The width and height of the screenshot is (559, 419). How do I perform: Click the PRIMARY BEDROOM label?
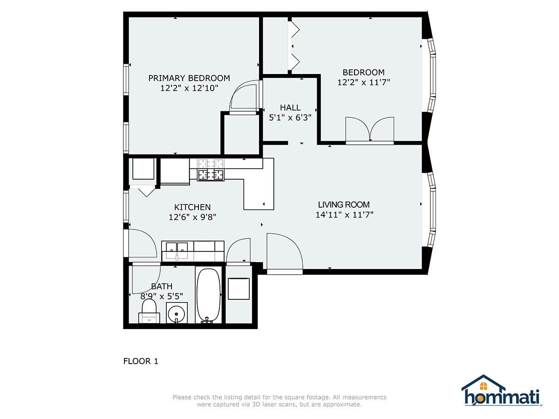point(189,78)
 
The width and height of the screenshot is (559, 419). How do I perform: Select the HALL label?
point(290,108)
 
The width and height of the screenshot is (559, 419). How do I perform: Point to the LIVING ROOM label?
point(344,204)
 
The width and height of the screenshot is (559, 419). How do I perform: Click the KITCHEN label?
point(192,207)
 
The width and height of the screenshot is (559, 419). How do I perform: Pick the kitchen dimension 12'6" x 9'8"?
point(192,217)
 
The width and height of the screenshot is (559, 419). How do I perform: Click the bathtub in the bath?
point(208,296)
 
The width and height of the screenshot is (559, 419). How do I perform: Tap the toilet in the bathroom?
point(149,311)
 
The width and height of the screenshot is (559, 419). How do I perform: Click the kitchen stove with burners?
point(211,170)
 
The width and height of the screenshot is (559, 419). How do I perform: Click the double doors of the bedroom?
point(370,130)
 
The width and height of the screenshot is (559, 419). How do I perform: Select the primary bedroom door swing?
point(244,98)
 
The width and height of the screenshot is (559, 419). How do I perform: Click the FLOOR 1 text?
point(141,361)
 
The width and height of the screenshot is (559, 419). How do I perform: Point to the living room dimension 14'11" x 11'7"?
point(345,215)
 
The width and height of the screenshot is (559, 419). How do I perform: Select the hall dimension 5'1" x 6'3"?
point(290,118)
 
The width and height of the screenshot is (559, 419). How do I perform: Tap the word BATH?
point(162,286)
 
